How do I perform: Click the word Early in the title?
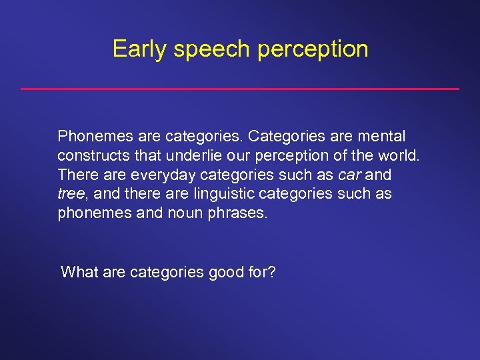(x=137, y=49)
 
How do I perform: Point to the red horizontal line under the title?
(x=240, y=89)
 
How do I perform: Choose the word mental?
(x=381, y=137)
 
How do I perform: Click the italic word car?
(x=351, y=175)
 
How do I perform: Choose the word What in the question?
(x=78, y=271)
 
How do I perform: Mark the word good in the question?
(x=227, y=271)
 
